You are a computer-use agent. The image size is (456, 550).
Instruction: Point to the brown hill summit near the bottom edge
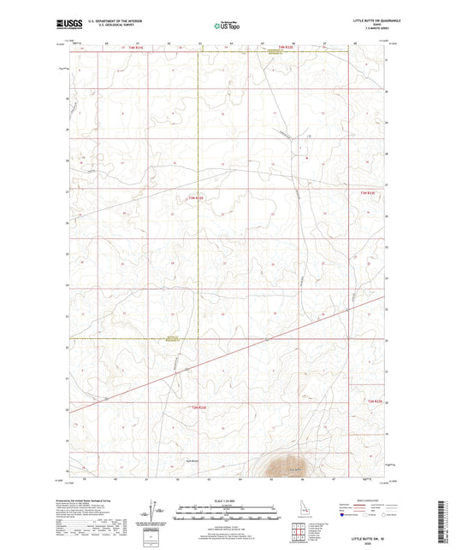(x=275, y=465)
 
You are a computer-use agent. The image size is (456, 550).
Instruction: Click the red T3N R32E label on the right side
(x=369, y=193)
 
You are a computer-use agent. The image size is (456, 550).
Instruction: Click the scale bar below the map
(x=228, y=510)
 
